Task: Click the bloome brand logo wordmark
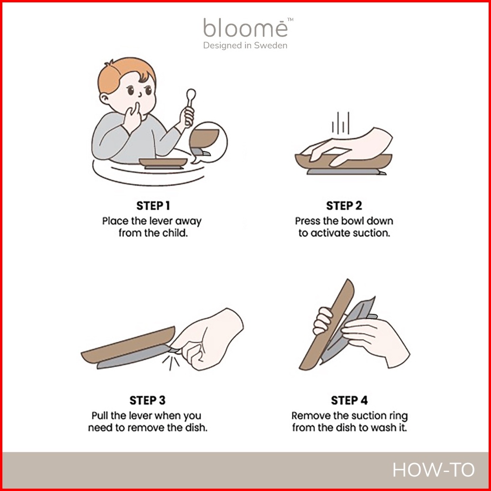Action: point(245,28)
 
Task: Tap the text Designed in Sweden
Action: point(245,46)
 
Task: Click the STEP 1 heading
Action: point(153,206)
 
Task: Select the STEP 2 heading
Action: point(344,206)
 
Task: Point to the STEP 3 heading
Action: point(148,400)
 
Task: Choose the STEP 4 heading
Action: point(349,400)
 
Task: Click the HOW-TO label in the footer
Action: point(434,470)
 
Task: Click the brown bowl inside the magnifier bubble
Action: point(204,138)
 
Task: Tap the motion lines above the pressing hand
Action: point(340,123)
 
